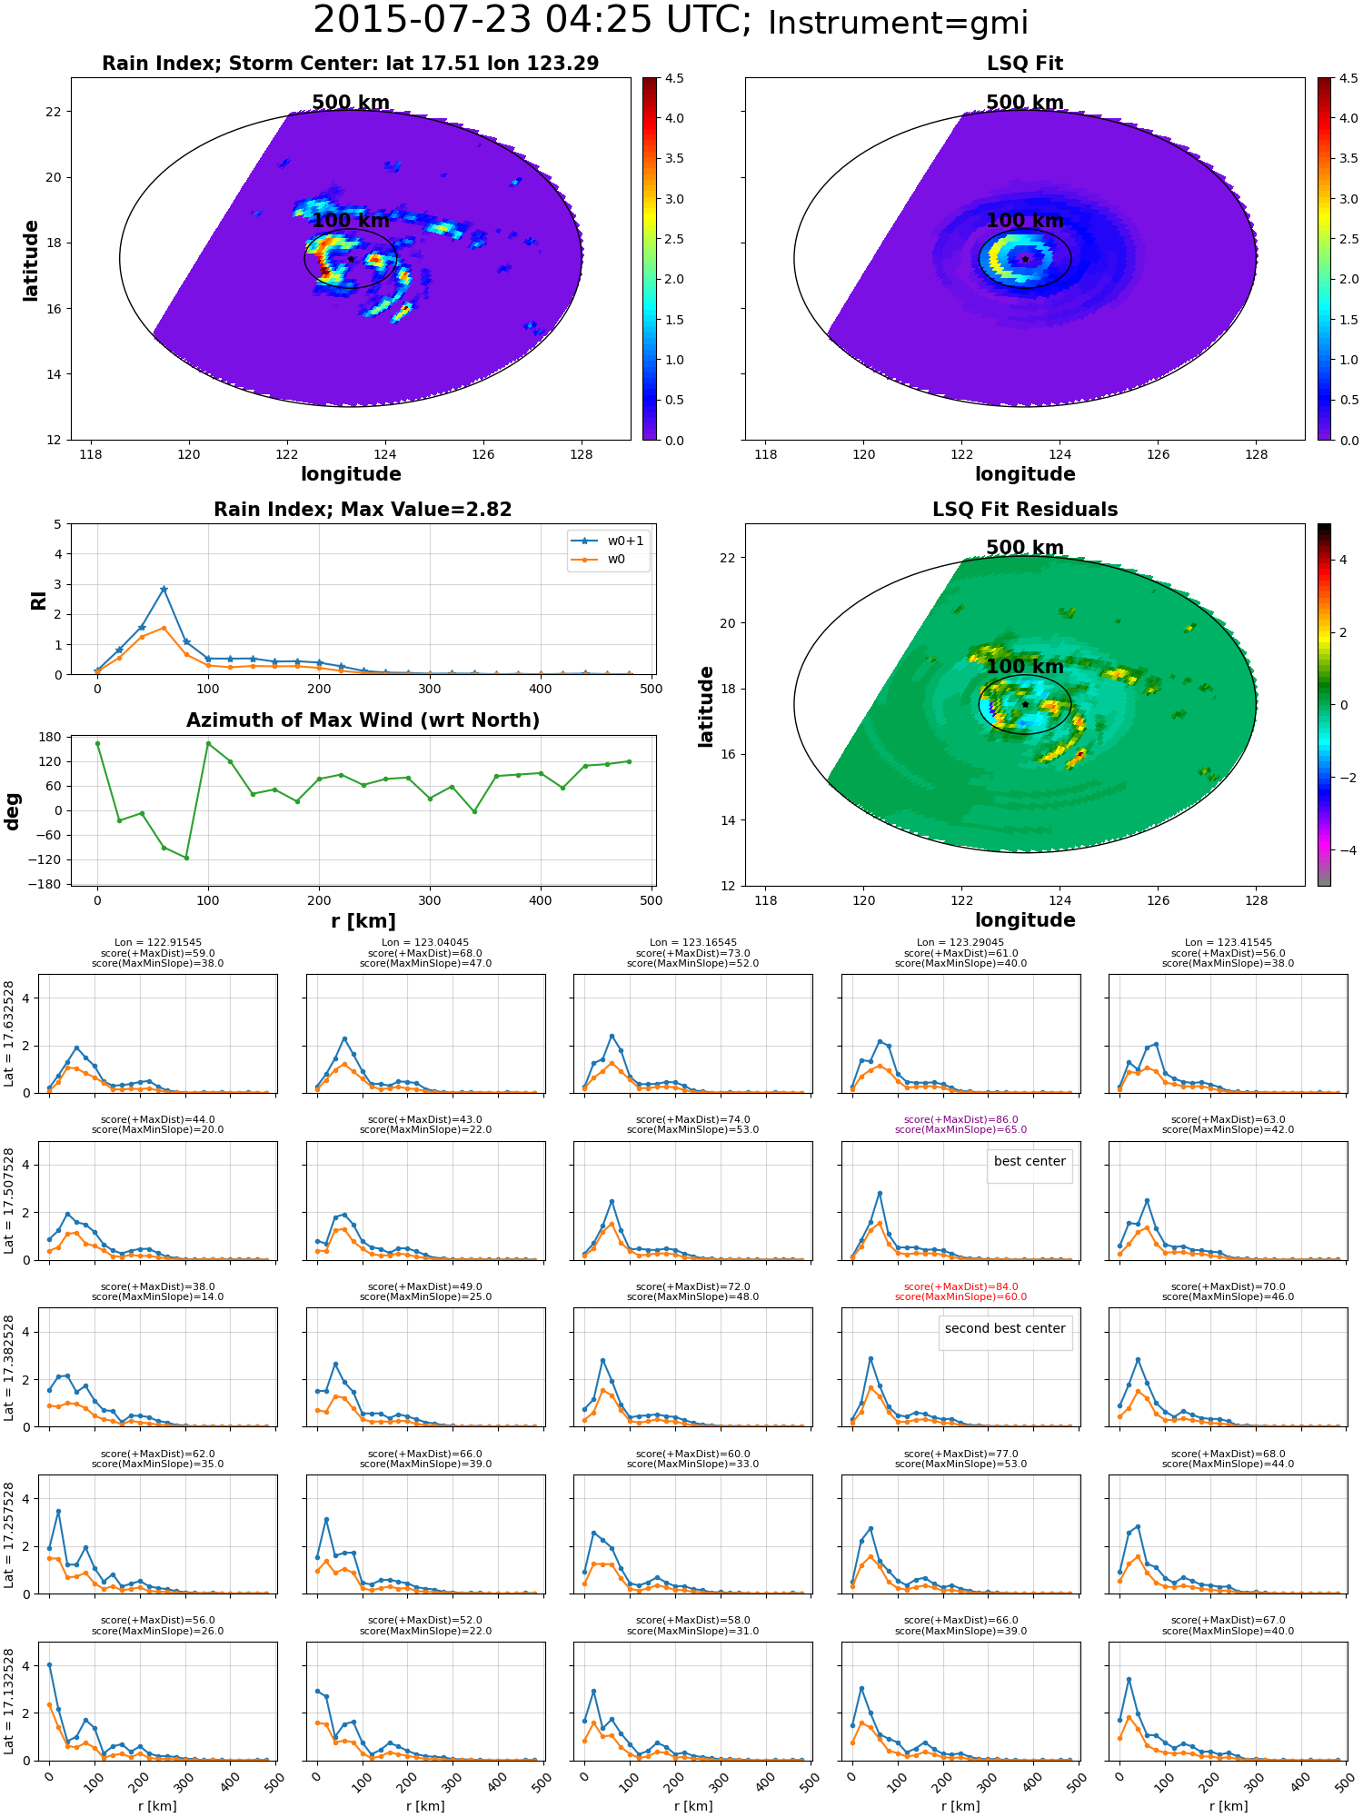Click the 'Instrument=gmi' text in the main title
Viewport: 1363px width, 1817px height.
tap(898, 24)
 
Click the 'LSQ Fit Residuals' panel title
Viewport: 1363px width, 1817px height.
tap(1025, 510)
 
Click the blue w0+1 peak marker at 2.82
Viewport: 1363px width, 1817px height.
tap(164, 590)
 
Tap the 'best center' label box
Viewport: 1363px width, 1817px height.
tap(1030, 1162)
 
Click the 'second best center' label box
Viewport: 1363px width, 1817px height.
tap(1005, 1329)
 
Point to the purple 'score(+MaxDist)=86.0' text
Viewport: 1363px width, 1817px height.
tap(960, 1120)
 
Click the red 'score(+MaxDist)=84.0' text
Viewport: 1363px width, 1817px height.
tap(960, 1287)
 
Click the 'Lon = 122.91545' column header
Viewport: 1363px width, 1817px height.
tap(158, 943)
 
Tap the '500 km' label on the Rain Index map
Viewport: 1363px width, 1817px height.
tap(351, 103)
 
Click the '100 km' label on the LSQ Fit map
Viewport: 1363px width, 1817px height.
tap(1025, 221)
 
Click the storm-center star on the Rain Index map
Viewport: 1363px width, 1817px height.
tap(351, 259)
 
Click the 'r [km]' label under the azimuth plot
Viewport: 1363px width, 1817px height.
tap(363, 921)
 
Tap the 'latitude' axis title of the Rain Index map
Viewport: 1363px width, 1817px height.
tap(31, 260)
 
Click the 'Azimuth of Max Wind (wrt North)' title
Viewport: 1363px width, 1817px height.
tap(363, 720)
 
